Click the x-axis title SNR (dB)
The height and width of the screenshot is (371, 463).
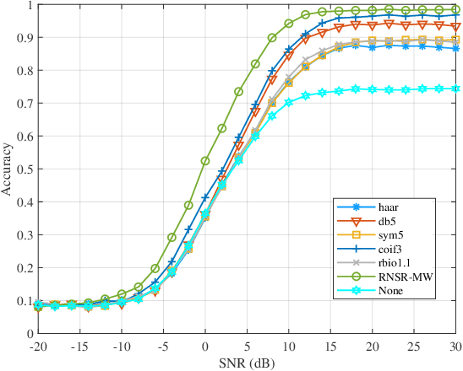tap(246, 362)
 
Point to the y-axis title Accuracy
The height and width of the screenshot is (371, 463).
tap(8, 169)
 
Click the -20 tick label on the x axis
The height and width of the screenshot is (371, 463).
tap(38, 346)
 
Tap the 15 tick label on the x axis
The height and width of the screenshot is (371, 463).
tap(330, 346)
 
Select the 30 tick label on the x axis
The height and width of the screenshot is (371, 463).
tap(455, 346)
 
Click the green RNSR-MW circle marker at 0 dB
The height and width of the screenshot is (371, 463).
tap(204, 160)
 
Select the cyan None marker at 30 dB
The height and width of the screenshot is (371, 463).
tap(455, 89)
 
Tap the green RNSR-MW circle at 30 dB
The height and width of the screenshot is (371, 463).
tap(455, 10)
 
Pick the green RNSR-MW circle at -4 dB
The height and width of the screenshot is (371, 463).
tap(172, 237)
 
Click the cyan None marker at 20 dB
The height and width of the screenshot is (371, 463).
tap(372, 89)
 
